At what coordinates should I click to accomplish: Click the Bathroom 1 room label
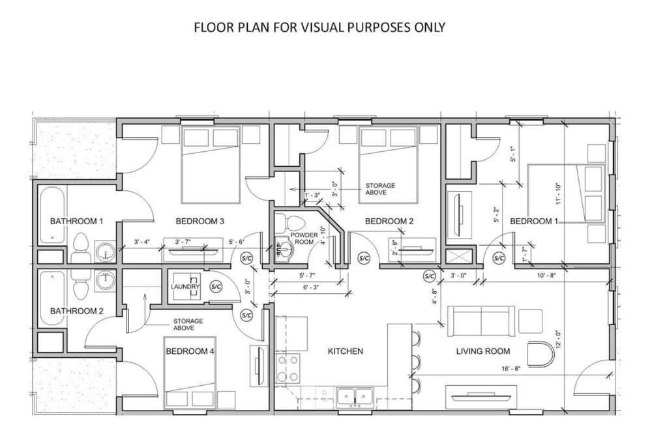click(x=76, y=221)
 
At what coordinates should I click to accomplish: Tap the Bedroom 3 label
click(x=200, y=221)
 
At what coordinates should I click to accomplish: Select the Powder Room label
click(x=304, y=239)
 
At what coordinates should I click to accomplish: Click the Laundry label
click(x=185, y=287)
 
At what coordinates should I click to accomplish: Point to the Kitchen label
click(x=345, y=351)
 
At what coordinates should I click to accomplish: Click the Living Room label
click(x=482, y=351)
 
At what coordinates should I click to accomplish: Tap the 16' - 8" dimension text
click(x=511, y=368)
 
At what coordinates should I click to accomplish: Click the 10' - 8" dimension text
click(x=546, y=275)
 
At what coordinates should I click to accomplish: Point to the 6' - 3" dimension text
click(x=310, y=287)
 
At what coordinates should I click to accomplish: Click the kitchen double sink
click(x=355, y=396)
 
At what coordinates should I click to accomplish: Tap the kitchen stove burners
click(x=288, y=368)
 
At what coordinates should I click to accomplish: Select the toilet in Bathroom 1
click(x=80, y=248)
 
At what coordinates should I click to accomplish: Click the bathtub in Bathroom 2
click(x=52, y=298)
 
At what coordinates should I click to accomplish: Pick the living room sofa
click(x=481, y=321)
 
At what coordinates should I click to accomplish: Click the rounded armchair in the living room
click(x=541, y=354)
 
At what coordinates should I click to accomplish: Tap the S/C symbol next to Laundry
click(x=216, y=287)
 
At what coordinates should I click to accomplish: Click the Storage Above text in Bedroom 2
click(x=380, y=189)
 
